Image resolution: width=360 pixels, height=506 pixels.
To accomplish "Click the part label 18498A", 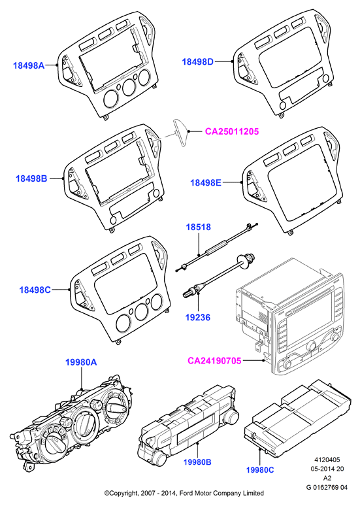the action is click(29, 65).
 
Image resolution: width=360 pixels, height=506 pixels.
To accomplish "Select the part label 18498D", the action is click(198, 61).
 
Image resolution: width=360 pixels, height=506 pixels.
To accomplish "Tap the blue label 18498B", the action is click(31, 178).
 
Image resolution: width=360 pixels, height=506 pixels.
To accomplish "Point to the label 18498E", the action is click(206, 182).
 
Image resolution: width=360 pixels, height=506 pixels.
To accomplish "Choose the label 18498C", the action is click(35, 290).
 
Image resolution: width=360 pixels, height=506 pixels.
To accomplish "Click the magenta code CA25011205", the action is click(232, 131).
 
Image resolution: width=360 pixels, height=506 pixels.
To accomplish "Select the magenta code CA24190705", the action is click(214, 360).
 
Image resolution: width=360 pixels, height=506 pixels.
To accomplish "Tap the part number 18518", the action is click(199, 228).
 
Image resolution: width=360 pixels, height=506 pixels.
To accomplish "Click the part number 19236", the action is click(198, 318).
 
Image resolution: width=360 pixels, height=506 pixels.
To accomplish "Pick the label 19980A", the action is click(81, 362).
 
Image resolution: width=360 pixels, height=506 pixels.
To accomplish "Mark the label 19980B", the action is click(197, 462).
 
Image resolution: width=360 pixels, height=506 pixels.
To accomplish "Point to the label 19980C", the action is click(260, 470).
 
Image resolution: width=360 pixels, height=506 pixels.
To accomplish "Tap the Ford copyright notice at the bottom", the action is click(184, 493).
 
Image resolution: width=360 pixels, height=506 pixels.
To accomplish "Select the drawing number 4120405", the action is click(327, 460).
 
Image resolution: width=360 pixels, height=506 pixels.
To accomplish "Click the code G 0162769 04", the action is click(327, 487).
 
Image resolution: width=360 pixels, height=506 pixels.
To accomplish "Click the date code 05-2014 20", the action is click(327, 469).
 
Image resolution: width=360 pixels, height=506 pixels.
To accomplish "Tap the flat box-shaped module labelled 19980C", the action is click(297, 416).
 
